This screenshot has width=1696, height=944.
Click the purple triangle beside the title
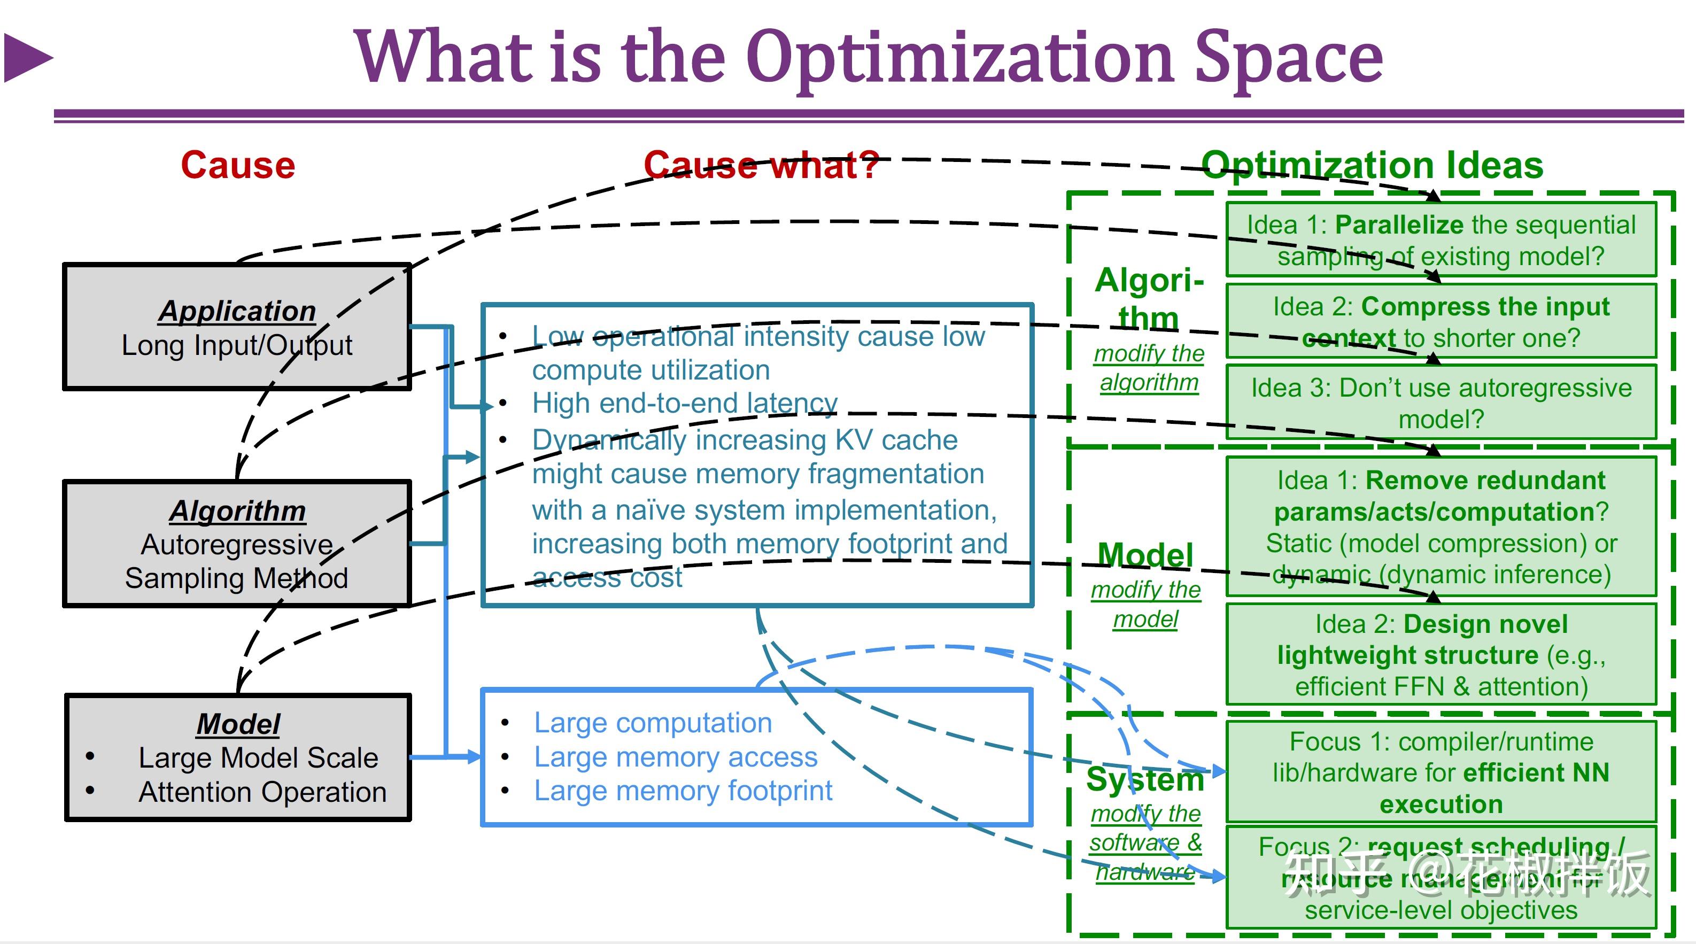[x=26, y=58]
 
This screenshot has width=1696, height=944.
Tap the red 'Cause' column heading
[x=238, y=165]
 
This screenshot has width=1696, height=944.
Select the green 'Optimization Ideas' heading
[x=1372, y=165]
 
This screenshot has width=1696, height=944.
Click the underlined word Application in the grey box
[x=237, y=311]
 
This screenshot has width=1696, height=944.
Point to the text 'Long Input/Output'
[x=237, y=345]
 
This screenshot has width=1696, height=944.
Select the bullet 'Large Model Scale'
[x=258, y=757]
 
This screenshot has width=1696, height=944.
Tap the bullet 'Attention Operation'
[x=262, y=792]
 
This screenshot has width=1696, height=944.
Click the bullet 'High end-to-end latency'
[x=685, y=403]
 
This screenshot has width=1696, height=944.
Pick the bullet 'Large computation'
[x=653, y=723]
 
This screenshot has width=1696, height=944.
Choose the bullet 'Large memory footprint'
[x=683, y=791]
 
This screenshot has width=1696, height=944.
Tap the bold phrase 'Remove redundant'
[x=1485, y=481]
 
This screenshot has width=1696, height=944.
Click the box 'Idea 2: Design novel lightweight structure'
[x=1441, y=655]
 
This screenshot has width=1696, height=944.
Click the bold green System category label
[x=1145, y=779]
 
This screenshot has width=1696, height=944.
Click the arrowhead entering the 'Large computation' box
[x=474, y=757]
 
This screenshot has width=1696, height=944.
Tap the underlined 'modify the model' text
[x=1145, y=605]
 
